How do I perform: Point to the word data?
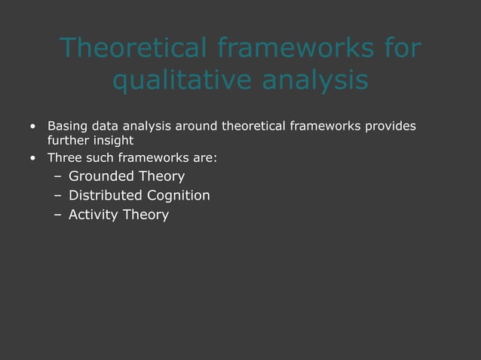click(x=106, y=125)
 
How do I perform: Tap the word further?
click(x=67, y=140)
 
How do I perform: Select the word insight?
click(x=112, y=140)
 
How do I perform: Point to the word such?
click(x=102, y=158)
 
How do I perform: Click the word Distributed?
click(x=103, y=196)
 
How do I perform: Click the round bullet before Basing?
click(x=33, y=126)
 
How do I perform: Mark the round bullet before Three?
click(x=33, y=159)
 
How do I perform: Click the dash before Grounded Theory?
click(x=58, y=178)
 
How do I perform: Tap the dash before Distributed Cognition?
click(x=58, y=197)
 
